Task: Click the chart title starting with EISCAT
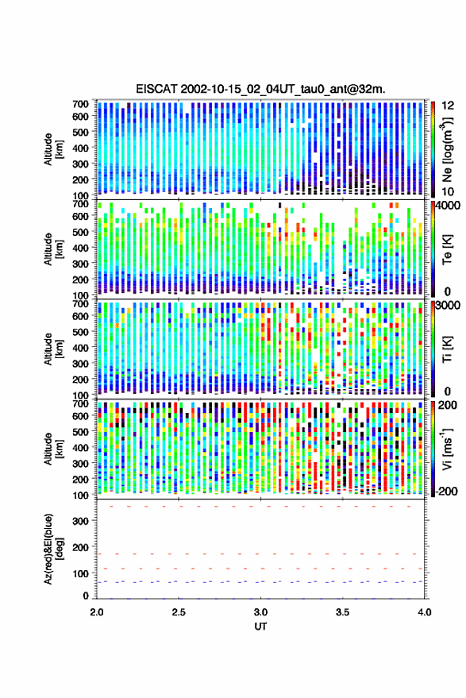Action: (x=261, y=89)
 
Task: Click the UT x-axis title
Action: (x=260, y=627)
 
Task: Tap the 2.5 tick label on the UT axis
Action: (x=179, y=612)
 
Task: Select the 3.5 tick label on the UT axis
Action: (x=342, y=612)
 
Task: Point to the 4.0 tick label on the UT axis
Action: (x=424, y=612)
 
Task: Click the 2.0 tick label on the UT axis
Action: (x=97, y=612)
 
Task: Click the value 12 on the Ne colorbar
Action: (x=449, y=106)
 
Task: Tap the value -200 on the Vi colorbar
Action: (x=447, y=491)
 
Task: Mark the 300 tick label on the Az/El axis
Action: (x=80, y=521)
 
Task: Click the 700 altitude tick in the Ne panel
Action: (x=80, y=104)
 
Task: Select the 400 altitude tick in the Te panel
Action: (x=80, y=248)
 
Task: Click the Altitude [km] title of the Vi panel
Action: (x=53, y=449)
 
